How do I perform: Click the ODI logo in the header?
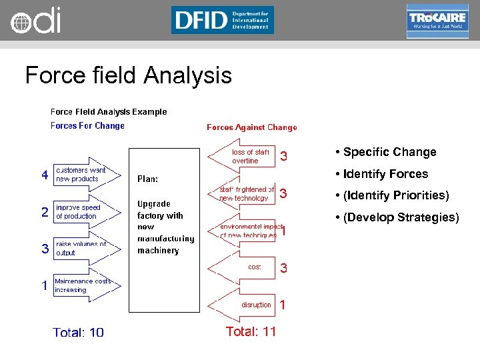click(x=35, y=21)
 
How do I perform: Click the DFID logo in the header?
click(x=222, y=20)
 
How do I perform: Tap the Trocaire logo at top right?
click(x=437, y=21)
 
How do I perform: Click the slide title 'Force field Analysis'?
click(x=128, y=75)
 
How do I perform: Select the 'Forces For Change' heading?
click(x=87, y=125)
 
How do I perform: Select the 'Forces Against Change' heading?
click(x=251, y=127)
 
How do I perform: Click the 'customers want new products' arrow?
click(x=86, y=175)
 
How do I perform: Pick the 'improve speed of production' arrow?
click(x=86, y=212)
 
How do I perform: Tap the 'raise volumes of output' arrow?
click(x=86, y=249)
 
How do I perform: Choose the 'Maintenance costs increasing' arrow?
click(x=86, y=285)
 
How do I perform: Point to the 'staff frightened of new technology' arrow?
click(x=244, y=194)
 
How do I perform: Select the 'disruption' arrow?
click(x=244, y=305)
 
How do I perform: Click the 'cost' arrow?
click(x=244, y=267)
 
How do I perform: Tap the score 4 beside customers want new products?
click(x=45, y=175)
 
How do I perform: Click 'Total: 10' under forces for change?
click(x=79, y=332)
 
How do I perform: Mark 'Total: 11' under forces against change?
click(x=251, y=331)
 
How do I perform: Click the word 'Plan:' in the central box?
click(x=147, y=179)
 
